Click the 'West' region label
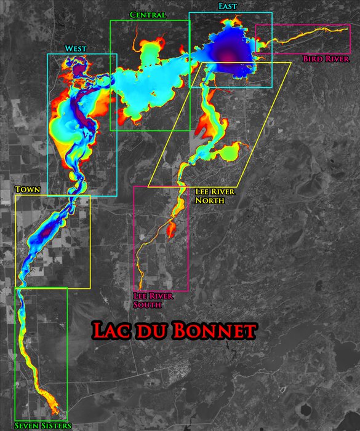tap(76, 49)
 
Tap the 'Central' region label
tap(148, 15)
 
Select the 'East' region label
tap(227, 6)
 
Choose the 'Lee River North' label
tap(215, 196)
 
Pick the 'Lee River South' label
tap(153, 300)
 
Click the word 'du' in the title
tap(151, 331)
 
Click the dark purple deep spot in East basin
tap(229, 55)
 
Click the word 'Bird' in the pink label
tap(312, 59)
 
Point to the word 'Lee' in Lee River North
tap(202, 192)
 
